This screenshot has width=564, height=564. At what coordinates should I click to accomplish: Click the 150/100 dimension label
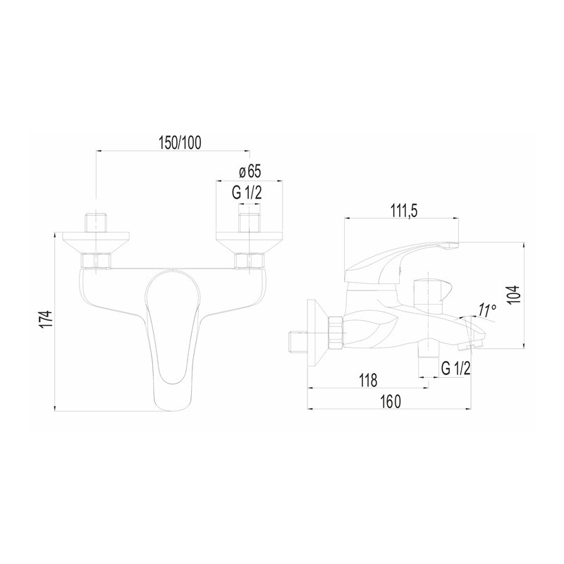coord(180,143)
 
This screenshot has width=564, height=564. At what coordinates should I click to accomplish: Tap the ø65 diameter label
coord(250,171)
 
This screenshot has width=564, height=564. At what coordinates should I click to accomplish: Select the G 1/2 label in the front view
coord(247,192)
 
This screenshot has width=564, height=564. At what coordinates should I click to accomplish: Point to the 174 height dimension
coord(47,319)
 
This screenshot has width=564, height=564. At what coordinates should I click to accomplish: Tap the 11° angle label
coord(487,310)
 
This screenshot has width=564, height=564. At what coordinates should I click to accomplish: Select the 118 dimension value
coord(368,380)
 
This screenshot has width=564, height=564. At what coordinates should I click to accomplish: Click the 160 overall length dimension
coord(390,401)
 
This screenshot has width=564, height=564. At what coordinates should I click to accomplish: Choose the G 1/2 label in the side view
coord(455,367)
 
